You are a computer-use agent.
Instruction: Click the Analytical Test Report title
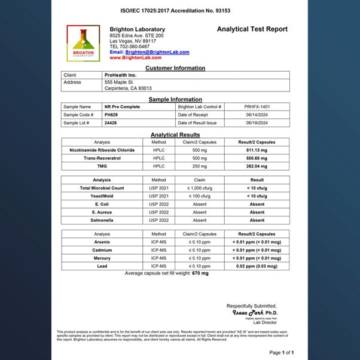[x=252, y=29]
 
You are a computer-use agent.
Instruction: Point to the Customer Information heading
[x=175, y=68]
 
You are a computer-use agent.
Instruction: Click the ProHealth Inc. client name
[x=120, y=75]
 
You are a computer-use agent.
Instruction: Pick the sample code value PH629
[x=111, y=114]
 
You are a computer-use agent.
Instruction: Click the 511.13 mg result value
[x=257, y=150]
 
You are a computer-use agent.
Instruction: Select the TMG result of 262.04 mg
[x=257, y=166]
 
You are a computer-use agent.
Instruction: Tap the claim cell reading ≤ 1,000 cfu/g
[x=200, y=188]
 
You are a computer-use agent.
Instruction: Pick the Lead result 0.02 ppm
[x=257, y=266]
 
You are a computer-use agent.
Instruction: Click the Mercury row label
[x=102, y=258]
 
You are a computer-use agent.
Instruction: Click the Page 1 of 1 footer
[x=281, y=352]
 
